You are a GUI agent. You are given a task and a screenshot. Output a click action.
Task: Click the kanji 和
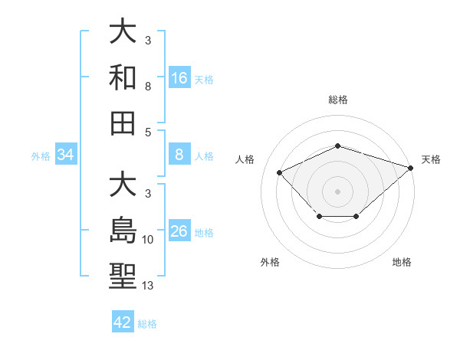coord(123,77)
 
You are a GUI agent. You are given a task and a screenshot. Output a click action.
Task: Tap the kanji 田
coord(123,122)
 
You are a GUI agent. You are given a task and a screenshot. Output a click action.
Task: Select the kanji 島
coord(123,231)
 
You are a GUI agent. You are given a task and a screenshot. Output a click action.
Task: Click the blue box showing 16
coord(179,77)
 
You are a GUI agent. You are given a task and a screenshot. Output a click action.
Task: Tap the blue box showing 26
coord(179,231)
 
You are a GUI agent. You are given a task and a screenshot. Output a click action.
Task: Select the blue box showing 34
coord(66,155)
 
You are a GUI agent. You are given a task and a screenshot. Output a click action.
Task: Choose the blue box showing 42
coord(123,322)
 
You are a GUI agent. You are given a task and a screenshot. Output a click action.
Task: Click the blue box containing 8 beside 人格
coord(179,155)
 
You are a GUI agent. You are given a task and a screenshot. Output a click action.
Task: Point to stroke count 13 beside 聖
coord(149,286)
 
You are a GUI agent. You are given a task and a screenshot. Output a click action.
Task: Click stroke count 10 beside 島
coord(149,240)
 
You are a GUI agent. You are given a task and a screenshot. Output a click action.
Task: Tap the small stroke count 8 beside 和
coord(148,87)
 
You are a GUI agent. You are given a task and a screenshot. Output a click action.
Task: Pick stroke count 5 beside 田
coord(148,132)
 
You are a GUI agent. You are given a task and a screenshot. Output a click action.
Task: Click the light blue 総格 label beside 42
coord(147,324)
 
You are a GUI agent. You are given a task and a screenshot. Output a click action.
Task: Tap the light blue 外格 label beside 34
coord(41,156)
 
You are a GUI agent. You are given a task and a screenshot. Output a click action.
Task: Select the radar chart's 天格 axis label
coord(431,159)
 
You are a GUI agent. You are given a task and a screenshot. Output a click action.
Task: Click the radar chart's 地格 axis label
coord(402,262)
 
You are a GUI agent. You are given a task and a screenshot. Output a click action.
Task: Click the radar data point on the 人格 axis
coord(280,172)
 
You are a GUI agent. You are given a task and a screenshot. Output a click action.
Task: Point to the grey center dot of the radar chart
coord(337,191)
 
